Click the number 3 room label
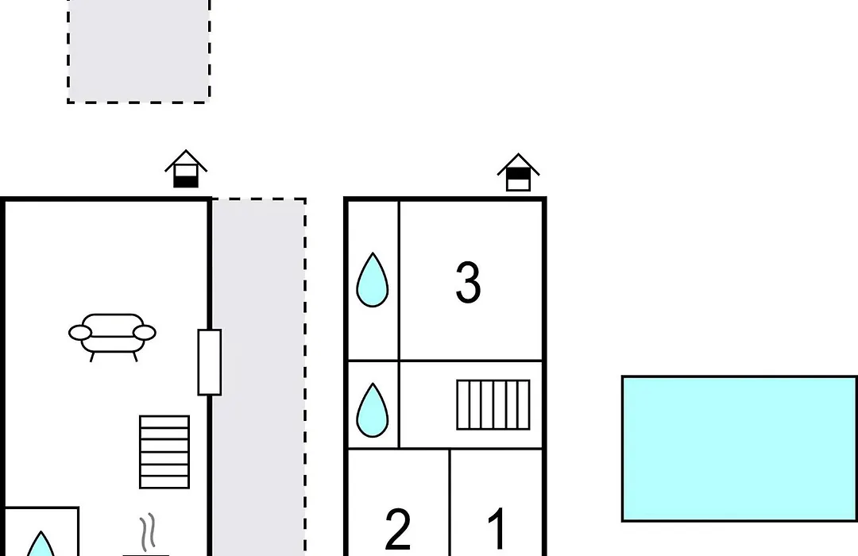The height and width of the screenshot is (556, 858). [x=468, y=283]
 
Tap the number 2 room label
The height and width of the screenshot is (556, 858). [x=398, y=529]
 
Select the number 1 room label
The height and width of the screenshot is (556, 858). [x=497, y=528]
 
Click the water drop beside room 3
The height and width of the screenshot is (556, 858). [x=372, y=280]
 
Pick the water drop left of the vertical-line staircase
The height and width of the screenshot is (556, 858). [x=372, y=410]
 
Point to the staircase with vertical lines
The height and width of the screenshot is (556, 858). [x=493, y=405]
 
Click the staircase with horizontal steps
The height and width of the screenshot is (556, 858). [x=164, y=452]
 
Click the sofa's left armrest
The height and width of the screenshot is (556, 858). [x=80, y=332]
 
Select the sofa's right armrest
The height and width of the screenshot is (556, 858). [x=145, y=332]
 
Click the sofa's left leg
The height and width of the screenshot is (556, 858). [x=92, y=357]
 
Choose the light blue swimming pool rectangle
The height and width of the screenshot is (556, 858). [x=740, y=449]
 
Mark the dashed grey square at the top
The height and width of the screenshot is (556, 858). [x=139, y=51]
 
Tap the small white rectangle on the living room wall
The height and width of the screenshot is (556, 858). [x=210, y=362]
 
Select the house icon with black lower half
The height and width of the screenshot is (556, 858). [x=186, y=169]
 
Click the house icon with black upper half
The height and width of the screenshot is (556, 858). [x=518, y=172]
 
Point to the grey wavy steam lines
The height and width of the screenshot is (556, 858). [x=147, y=532]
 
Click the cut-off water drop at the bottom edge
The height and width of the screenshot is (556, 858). [x=41, y=544]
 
